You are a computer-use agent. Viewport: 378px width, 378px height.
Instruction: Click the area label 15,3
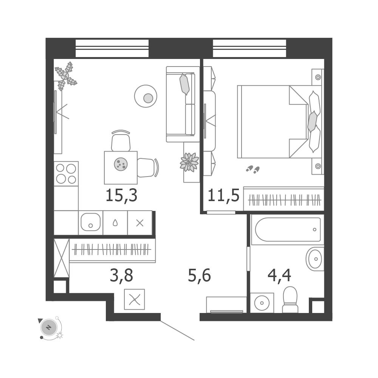pos(121,195)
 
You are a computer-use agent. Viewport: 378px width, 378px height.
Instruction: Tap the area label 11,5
pos(223,195)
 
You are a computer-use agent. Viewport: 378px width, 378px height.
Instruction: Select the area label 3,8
pos(121,275)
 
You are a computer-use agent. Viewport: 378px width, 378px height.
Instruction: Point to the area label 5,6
pos(199,275)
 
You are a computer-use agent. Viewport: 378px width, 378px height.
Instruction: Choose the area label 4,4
pos(279,275)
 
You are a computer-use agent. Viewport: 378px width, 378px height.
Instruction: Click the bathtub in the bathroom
pos(288,229)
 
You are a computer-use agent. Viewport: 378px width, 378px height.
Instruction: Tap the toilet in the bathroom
pos(290,300)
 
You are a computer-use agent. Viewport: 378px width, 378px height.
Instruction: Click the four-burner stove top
pos(66,174)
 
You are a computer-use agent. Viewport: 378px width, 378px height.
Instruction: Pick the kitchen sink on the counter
pos(91,222)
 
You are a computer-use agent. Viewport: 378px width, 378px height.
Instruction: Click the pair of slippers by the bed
pos(253,169)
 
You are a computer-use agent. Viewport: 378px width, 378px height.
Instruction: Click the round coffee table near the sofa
pos(146,96)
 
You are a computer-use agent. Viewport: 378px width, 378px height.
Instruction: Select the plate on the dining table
pos(121,164)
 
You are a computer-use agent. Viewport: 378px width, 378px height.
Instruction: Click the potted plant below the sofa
pos(189,162)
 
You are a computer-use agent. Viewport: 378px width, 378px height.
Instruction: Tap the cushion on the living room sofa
pos(184,84)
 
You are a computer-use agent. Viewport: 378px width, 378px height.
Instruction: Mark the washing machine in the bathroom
pos(262,303)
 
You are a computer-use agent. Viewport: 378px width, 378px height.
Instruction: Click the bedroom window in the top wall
pos(249,48)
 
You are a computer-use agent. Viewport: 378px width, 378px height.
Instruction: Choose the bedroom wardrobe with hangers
pos(283,199)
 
